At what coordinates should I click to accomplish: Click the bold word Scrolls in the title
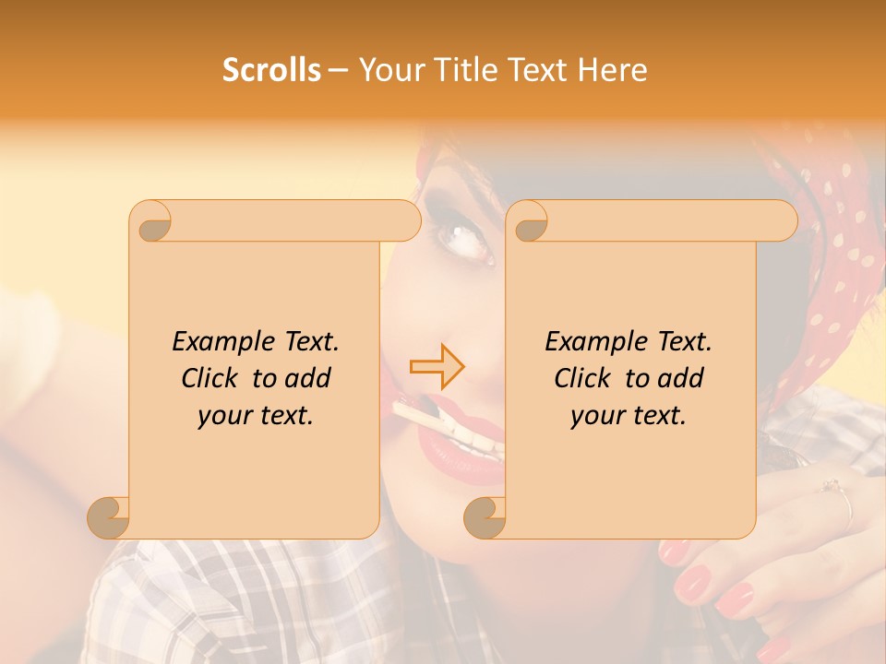click(x=271, y=70)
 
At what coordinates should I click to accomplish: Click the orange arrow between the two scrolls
click(x=437, y=367)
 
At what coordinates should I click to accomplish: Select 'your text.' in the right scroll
click(x=629, y=416)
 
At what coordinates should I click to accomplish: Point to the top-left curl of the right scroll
click(x=529, y=222)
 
